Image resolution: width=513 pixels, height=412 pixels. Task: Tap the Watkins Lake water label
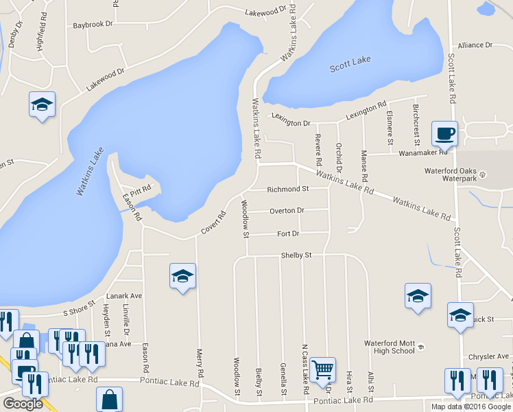tap(90, 172)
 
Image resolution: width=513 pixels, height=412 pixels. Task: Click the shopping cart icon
tap(322, 369)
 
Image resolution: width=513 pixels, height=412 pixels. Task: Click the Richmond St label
tap(288, 188)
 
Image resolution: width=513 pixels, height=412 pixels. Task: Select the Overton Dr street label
tap(287, 210)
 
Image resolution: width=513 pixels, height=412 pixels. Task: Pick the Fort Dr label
tap(288, 233)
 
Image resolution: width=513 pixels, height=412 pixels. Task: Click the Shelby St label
tap(296, 255)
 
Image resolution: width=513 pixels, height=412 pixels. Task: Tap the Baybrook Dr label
tap(92, 25)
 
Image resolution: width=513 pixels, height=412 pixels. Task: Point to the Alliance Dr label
tap(475, 45)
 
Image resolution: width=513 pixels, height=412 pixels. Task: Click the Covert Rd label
tap(213, 221)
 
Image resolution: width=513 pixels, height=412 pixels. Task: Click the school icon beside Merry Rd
tap(182, 276)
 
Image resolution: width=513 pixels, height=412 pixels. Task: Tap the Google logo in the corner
tap(23, 404)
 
